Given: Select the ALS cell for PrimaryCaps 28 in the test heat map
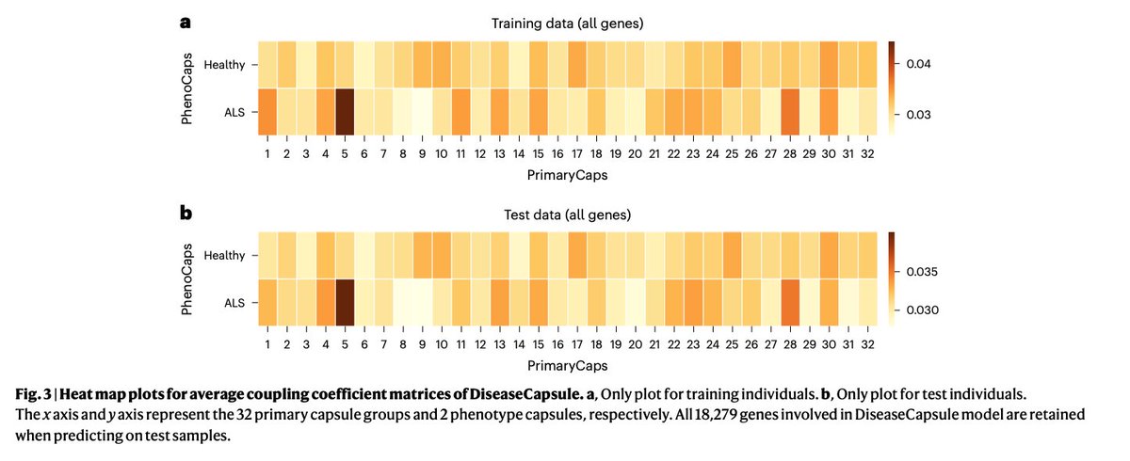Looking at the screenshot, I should point(790,303).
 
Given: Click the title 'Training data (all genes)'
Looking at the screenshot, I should point(566,22).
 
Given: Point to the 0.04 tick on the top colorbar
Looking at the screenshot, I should point(906,64).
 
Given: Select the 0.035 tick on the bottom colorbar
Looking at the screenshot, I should point(906,272).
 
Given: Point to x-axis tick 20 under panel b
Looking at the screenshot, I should point(636,343).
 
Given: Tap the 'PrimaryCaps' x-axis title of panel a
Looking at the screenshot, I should point(567,175).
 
